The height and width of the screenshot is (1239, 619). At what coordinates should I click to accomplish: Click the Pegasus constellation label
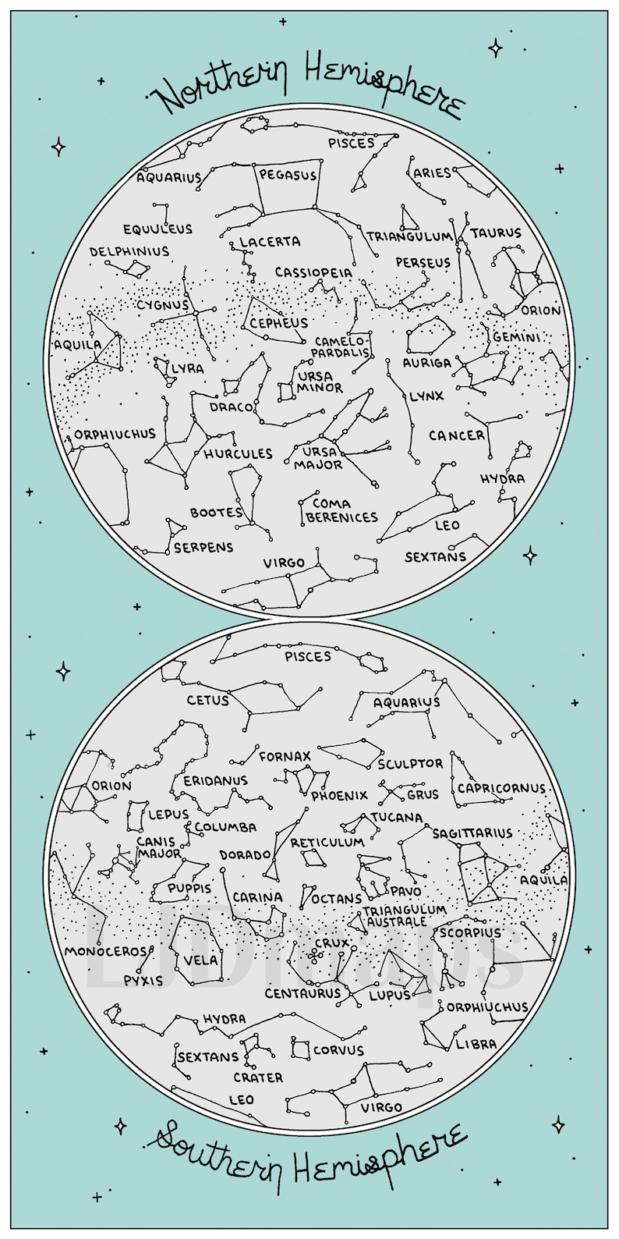[288, 176]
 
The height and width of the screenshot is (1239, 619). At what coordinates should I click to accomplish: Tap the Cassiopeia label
[313, 273]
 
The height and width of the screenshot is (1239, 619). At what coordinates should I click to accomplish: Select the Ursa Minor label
[320, 382]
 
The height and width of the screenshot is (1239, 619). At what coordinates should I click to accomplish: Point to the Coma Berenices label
[341, 510]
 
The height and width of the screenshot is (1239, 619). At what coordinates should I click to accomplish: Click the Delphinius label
[129, 252]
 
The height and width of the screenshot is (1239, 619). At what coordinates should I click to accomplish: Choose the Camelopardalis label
[341, 347]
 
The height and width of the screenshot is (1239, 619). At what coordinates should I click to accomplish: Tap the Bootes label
[217, 513]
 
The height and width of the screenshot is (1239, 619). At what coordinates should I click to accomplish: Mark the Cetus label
[207, 701]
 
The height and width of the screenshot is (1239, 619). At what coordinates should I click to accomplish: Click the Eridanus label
[216, 780]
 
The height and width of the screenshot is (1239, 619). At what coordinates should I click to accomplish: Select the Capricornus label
[501, 789]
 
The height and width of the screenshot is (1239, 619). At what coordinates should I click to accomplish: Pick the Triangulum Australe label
[405, 916]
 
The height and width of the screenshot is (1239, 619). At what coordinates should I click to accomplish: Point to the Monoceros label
[106, 951]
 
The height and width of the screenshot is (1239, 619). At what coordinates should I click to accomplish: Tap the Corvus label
[338, 1050]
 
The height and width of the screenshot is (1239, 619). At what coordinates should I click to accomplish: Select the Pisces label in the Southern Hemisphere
[308, 657]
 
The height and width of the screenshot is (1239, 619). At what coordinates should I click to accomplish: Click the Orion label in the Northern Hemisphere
[541, 311]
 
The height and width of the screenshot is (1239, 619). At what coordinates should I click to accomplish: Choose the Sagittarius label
[472, 833]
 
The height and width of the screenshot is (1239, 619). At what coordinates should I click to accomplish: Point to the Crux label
[331, 943]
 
